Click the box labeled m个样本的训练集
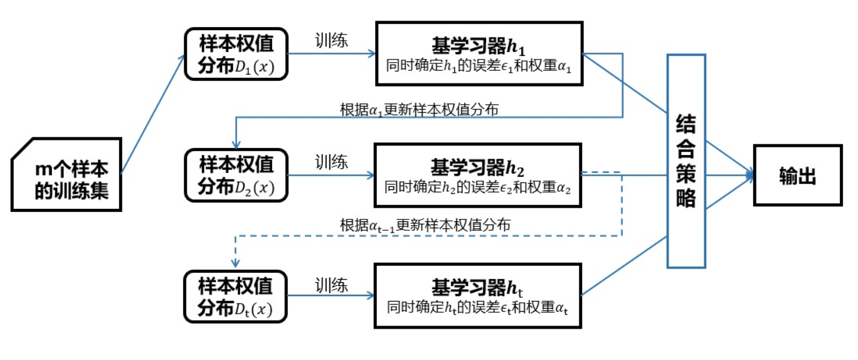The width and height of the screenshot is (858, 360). pos(66,175)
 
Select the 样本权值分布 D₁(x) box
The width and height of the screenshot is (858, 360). pos(236,54)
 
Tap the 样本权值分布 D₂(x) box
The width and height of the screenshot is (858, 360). pos(236,175)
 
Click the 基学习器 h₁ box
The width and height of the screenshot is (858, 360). pos(479,54)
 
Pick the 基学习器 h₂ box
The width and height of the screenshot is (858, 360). pos(479,176)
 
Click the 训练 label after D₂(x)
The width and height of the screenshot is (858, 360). pos(331,163)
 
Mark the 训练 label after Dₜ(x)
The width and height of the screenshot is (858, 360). pos(331,285)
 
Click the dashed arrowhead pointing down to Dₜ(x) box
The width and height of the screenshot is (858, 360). pos(235,264)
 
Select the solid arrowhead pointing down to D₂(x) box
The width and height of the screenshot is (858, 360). pos(235,142)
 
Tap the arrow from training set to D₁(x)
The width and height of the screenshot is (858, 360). pos(153,113)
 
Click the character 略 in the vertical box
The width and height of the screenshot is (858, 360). pos(686,198)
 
